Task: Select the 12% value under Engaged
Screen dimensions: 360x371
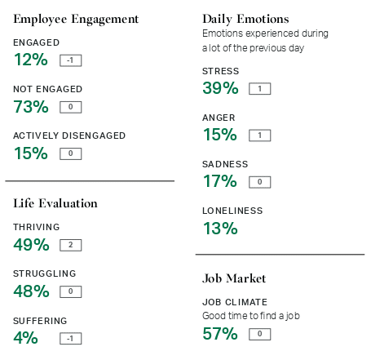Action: pyautogui.click(x=31, y=60)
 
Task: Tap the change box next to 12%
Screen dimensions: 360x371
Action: pyautogui.click(x=71, y=60)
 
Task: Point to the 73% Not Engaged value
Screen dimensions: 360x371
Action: pyautogui.click(x=31, y=106)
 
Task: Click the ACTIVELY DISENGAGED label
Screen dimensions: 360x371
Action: pyautogui.click(x=69, y=136)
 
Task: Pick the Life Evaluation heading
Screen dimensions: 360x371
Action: pyautogui.click(x=55, y=203)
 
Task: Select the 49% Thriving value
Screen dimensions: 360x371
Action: pyautogui.click(x=32, y=244)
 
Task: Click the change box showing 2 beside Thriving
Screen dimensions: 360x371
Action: pyautogui.click(x=71, y=245)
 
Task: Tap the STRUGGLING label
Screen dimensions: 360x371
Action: pyautogui.click(x=45, y=273)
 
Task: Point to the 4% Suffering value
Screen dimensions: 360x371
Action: pyautogui.click(x=26, y=337)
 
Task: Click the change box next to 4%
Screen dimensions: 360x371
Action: pyautogui.click(x=71, y=338)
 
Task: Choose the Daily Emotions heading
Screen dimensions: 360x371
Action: pyautogui.click(x=245, y=19)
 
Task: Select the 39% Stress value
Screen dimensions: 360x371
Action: pyautogui.click(x=220, y=88)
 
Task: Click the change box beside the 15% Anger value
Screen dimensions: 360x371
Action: pyautogui.click(x=259, y=136)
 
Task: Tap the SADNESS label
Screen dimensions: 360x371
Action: pyautogui.click(x=225, y=164)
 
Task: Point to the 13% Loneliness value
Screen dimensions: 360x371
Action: pyautogui.click(x=220, y=228)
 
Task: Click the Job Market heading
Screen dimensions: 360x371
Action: pyautogui.click(x=234, y=278)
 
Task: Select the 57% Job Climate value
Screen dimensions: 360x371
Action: pyautogui.click(x=220, y=333)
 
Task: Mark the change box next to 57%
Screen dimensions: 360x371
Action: pyautogui.click(x=259, y=334)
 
